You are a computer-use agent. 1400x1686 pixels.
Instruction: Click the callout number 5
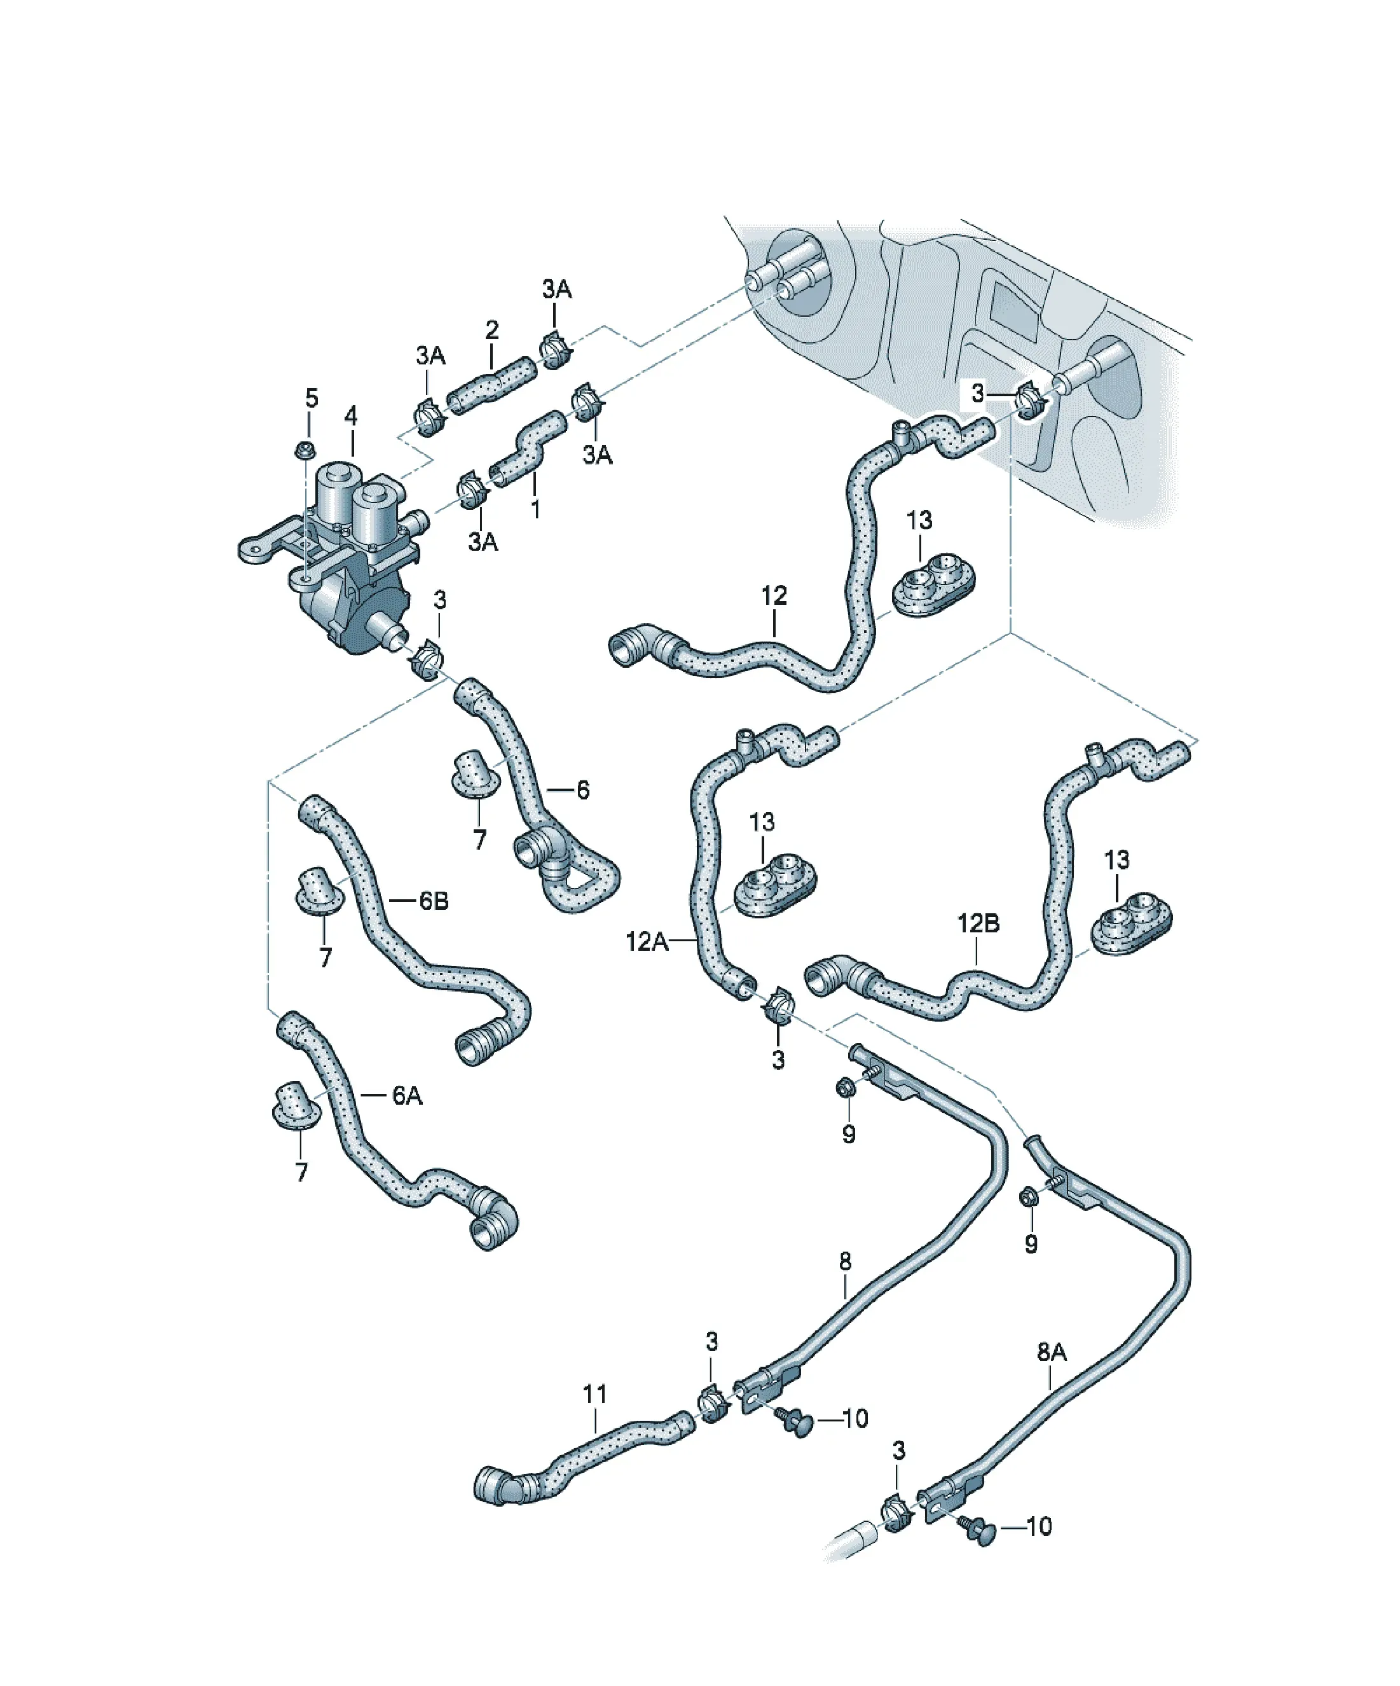(x=312, y=397)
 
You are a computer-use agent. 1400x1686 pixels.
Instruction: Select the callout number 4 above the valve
(x=351, y=416)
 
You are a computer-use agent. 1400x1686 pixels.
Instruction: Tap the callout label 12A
(x=647, y=941)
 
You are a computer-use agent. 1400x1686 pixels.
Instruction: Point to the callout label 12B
(x=978, y=923)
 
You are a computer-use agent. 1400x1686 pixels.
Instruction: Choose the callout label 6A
(x=407, y=1095)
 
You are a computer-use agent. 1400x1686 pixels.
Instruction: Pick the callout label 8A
(x=1052, y=1352)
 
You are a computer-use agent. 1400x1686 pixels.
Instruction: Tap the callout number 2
(x=491, y=329)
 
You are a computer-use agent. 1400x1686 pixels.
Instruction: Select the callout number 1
(x=535, y=508)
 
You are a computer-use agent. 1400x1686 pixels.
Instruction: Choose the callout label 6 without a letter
(x=583, y=790)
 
